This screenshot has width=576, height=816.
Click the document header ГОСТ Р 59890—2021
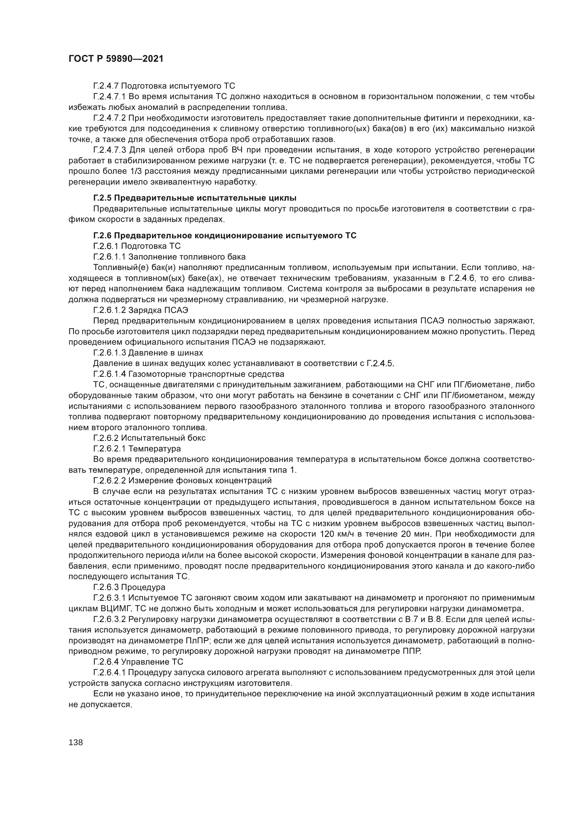(x=116, y=59)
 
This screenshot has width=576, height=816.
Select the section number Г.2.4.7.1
(x=109, y=96)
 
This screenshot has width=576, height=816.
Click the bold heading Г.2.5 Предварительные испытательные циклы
(x=195, y=197)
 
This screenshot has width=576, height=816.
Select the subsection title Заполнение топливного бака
(x=187, y=257)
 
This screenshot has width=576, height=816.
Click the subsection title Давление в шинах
(x=166, y=353)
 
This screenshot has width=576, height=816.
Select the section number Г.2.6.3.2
(x=109, y=619)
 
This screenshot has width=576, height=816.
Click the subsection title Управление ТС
(x=152, y=662)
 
